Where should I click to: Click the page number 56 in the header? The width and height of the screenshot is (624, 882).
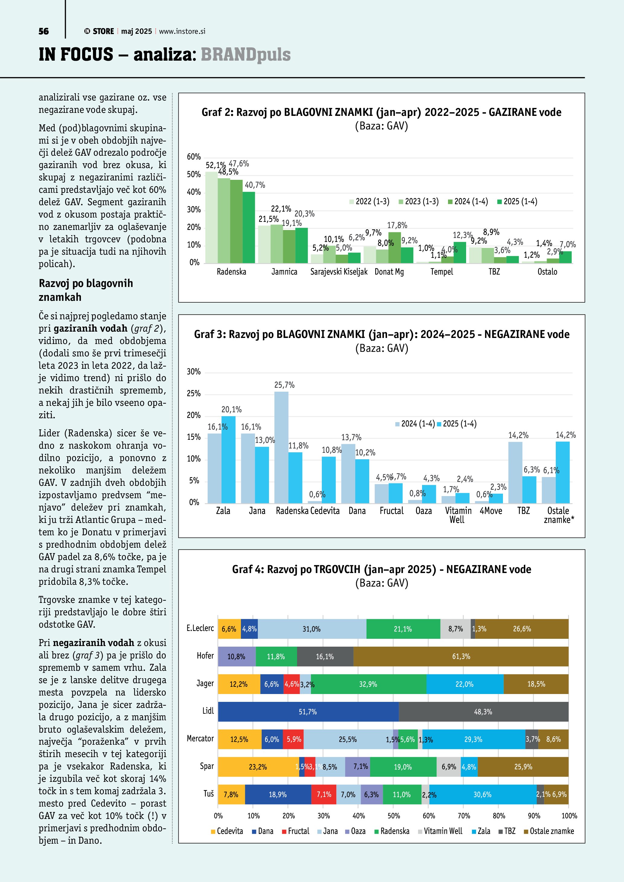point(43,31)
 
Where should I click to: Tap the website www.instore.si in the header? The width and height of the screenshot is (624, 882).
point(182,31)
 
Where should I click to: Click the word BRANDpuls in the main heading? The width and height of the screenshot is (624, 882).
point(245,55)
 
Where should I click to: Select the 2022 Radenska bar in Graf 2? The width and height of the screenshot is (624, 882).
point(211,218)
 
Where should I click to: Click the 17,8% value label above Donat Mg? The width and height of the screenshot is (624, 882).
point(397,225)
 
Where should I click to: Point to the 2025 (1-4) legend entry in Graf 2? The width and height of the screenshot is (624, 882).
point(517,202)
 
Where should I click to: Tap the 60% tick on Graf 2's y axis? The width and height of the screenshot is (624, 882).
point(194,157)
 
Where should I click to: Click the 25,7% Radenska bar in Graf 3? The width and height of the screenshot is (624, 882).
point(281,447)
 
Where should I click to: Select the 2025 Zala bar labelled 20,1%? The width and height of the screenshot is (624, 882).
point(228,460)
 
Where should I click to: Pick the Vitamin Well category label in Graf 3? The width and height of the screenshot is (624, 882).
point(458,515)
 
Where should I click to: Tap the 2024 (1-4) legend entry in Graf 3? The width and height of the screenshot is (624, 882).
point(415,424)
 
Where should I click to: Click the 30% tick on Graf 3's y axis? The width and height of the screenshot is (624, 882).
point(194,372)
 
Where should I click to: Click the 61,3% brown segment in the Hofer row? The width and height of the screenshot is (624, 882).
point(461,657)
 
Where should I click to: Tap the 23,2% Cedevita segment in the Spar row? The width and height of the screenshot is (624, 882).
point(258,767)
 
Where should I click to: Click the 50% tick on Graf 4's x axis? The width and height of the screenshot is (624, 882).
point(393,816)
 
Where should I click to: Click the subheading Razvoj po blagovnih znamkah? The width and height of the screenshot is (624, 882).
point(86,290)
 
